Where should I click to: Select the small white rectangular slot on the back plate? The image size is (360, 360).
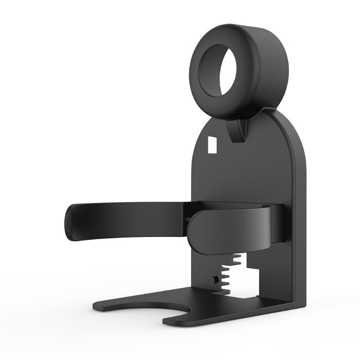coord(211,144)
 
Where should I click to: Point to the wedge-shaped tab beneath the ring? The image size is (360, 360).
coord(238,130)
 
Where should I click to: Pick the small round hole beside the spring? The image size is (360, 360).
coord(216,279)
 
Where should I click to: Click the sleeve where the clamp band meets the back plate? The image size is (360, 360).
coord(277,225)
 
